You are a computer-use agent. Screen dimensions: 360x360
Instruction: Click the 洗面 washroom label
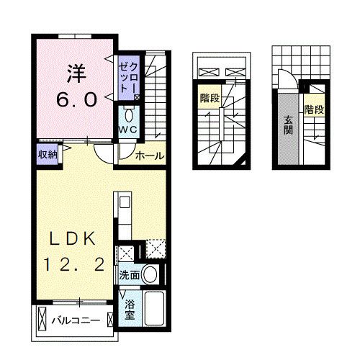[x=129, y=274]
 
